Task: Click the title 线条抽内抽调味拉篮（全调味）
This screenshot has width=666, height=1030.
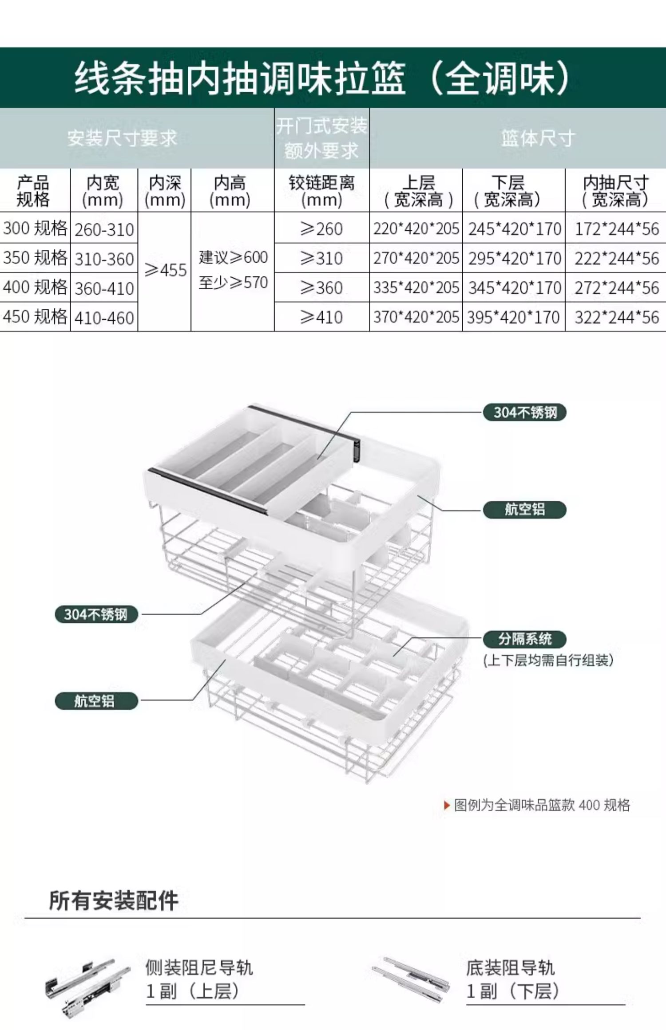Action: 322,78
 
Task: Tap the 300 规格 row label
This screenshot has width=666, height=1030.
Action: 35,228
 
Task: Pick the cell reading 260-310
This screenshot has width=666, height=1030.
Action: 104,229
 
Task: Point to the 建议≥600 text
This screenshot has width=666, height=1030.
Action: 233,257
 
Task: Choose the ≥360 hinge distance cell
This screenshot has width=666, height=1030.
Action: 321,288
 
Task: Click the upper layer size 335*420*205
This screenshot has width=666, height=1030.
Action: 416,288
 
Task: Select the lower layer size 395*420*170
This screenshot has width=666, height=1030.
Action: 513,317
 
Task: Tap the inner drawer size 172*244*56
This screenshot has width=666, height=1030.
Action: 616,229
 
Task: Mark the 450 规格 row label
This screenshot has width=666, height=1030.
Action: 35,317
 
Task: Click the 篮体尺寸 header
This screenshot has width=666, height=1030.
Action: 538,138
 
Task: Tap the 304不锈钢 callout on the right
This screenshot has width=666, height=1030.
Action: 525,413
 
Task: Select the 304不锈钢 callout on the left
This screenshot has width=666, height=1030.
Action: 96,614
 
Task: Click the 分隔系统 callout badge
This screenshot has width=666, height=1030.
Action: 525,639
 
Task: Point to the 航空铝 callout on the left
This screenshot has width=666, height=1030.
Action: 96,701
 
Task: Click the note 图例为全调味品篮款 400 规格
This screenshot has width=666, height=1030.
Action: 542,805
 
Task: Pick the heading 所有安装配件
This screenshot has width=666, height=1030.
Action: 114,900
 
